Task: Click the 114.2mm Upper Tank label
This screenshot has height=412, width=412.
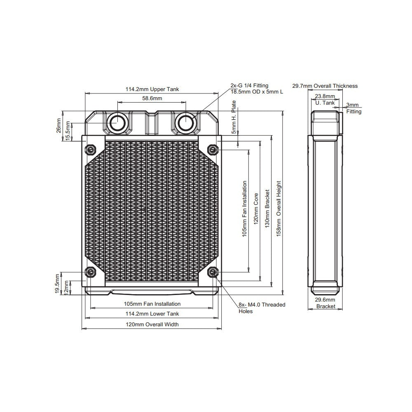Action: (x=152, y=89)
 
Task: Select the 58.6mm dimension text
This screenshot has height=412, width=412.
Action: (x=152, y=98)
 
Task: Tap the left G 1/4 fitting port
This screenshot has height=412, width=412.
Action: (x=117, y=122)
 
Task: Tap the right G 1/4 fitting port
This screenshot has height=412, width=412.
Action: (x=186, y=122)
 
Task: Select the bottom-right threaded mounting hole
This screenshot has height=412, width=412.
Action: (x=213, y=272)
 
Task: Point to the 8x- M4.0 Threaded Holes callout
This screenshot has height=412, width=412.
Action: (x=262, y=308)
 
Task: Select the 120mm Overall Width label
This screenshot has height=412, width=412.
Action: (x=152, y=325)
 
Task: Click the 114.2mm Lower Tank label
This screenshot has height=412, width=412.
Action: (x=152, y=314)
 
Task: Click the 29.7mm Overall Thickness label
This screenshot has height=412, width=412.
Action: (x=325, y=86)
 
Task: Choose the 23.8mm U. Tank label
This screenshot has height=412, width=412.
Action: (x=325, y=99)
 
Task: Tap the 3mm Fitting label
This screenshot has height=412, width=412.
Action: (x=353, y=108)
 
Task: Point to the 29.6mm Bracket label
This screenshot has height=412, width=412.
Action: (x=325, y=303)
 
